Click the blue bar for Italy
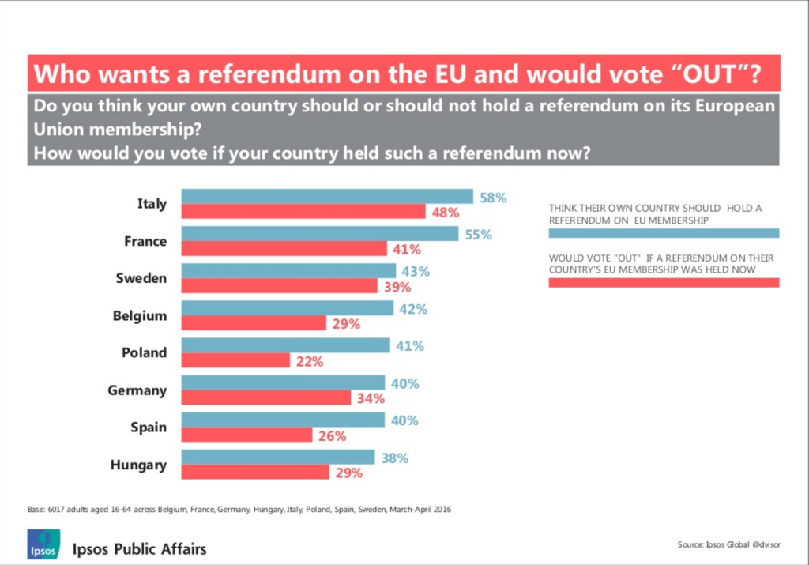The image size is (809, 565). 327,197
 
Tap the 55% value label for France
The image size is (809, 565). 477,235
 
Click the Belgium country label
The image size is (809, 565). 140,315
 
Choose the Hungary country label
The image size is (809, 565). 138,465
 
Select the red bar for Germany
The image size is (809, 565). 266,397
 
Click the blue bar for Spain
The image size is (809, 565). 283,420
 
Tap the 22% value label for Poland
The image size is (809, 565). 309,361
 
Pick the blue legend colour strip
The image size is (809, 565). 664,233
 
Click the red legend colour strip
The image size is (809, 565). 664,283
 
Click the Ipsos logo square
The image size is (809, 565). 43,544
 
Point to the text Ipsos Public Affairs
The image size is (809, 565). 140,548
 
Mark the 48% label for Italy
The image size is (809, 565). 446,212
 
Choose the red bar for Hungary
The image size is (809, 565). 255,472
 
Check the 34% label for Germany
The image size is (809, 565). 370,398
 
